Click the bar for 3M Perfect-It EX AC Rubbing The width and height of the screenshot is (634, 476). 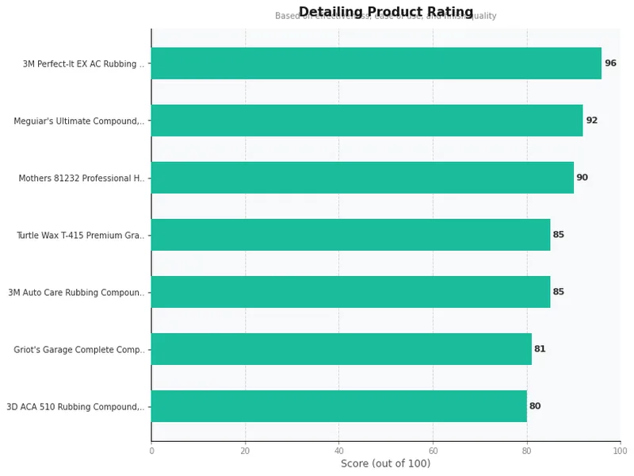[376, 63]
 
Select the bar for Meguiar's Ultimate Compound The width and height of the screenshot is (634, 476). [366, 121]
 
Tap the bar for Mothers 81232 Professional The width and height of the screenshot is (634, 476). [361, 178]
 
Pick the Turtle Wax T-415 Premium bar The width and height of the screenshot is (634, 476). [350, 235]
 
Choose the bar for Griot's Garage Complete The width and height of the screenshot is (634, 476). [341, 349]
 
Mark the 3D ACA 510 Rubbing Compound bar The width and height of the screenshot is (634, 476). [338, 406]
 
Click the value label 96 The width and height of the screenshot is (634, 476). [610, 63]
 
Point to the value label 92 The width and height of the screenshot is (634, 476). [591, 121]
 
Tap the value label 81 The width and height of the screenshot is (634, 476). [540, 349]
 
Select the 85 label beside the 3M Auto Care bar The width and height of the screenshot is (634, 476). [559, 292]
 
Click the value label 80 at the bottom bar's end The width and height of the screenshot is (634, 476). [535, 406]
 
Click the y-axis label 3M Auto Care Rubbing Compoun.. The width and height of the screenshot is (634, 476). [77, 293]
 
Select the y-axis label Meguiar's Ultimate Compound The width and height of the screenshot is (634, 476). [79, 121]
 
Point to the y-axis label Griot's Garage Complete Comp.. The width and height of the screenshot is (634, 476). [79, 350]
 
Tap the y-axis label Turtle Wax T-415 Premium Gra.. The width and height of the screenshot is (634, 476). [81, 236]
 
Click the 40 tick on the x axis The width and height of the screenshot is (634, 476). [339, 451]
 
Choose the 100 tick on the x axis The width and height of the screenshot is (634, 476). [620, 451]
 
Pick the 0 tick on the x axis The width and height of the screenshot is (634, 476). [151, 451]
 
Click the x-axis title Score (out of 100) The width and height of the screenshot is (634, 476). [385, 464]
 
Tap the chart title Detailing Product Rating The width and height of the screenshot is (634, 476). [385, 12]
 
